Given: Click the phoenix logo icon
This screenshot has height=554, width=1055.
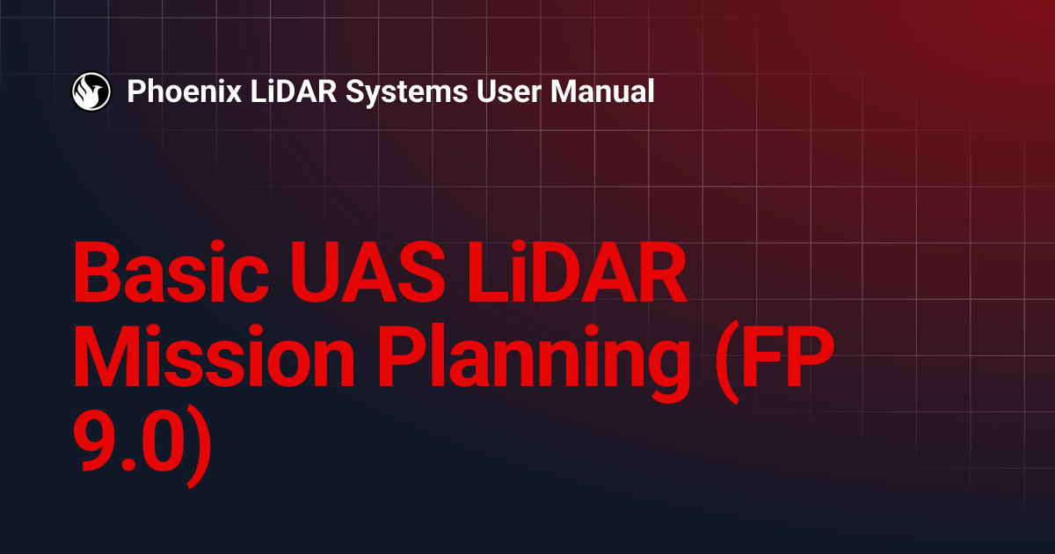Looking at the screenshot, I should pos(91,91).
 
